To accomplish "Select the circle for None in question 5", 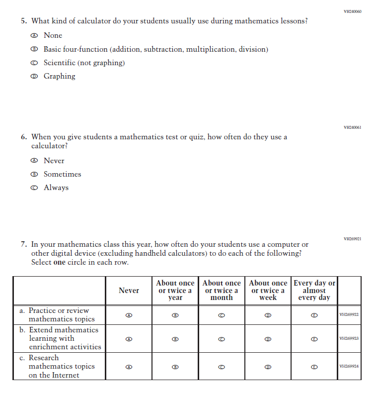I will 34,36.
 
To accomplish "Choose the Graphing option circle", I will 34,77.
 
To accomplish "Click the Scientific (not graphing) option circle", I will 34,63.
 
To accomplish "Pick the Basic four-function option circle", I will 34,50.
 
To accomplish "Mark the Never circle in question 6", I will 34,161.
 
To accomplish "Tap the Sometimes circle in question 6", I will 34,175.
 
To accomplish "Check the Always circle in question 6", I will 34,188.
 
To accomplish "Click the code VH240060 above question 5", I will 352,11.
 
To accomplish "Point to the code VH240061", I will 352,127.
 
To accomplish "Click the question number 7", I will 23,245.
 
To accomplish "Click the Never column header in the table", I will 129,291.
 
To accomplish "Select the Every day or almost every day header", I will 314,291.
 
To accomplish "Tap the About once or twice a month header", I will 222,291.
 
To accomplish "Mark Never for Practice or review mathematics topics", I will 129,315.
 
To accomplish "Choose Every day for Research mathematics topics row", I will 314,367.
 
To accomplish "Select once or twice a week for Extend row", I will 268,339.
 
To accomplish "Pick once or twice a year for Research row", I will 175,367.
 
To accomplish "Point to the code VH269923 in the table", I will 349,339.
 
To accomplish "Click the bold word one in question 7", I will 59,262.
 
